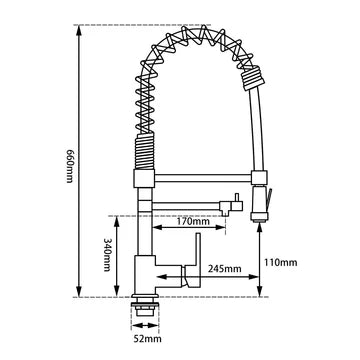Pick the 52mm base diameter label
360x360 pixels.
[x=147, y=340]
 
